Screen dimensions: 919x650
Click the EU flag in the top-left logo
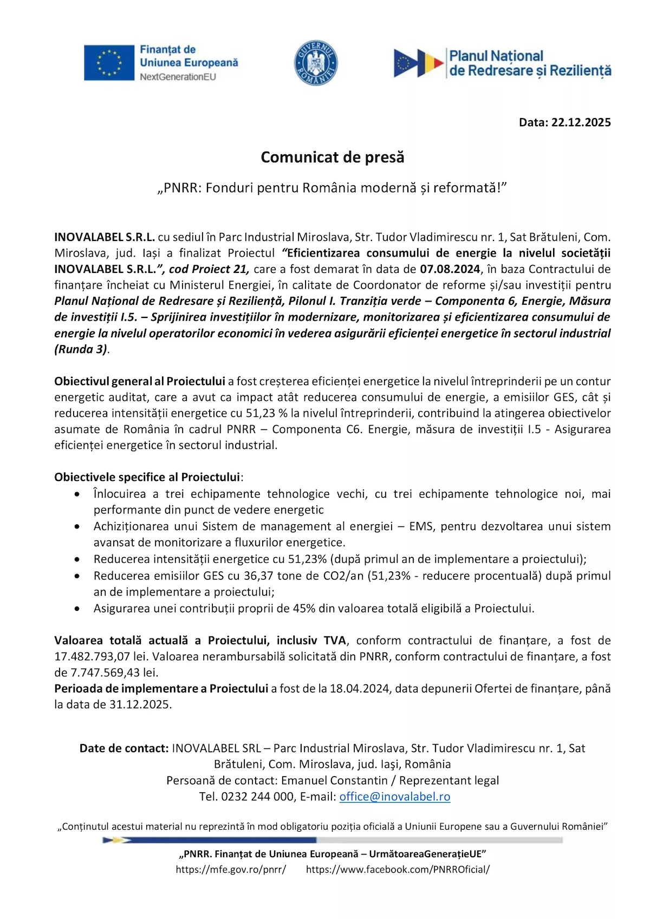[x=109, y=63]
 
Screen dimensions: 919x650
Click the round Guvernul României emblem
[x=316, y=63]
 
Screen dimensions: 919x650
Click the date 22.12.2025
[x=581, y=122]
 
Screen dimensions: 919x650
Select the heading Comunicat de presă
[x=332, y=157]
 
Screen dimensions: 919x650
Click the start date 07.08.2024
[x=450, y=269]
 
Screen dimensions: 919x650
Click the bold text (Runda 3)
[x=81, y=349]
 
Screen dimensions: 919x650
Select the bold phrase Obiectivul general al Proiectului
[x=139, y=381]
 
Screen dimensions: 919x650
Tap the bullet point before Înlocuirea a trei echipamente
[x=78, y=494]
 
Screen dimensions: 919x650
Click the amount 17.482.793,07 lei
[x=101, y=657]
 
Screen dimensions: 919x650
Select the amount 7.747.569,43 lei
[x=114, y=673]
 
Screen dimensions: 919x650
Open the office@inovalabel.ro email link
[x=394, y=797]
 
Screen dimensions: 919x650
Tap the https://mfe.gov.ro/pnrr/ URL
[x=231, y=870]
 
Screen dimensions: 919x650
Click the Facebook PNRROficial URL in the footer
[x=398, y=870]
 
